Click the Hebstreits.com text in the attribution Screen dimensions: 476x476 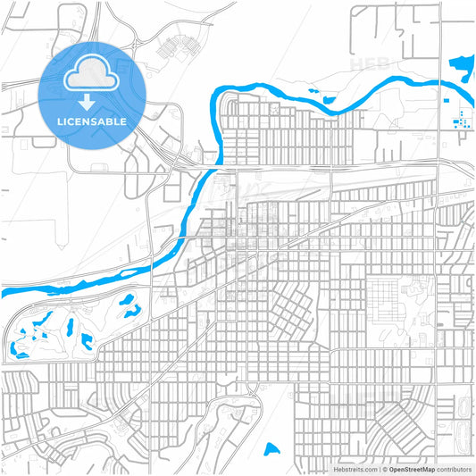[355, 469]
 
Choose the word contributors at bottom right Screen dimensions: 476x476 [454, 469]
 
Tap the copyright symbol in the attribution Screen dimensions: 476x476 [384, 469]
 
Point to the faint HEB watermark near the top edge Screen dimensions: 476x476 [369, 64]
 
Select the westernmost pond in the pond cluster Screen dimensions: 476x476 [16, 348]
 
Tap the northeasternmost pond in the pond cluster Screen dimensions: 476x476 [131, 304]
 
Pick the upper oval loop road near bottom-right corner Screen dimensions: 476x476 [463, 406]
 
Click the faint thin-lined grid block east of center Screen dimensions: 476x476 [388, 300]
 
